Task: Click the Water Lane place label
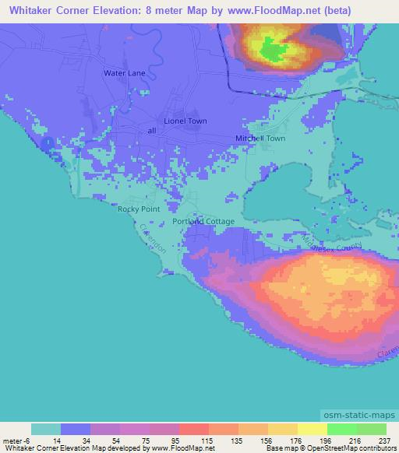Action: pos(125,72)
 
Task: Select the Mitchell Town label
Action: pos(260,139)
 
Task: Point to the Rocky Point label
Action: pos(138,209)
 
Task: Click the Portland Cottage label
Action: pos(203,222)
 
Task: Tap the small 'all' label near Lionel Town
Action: pos(152,132)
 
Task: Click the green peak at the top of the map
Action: pos(273,51)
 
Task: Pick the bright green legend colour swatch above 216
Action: pos(341,429)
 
